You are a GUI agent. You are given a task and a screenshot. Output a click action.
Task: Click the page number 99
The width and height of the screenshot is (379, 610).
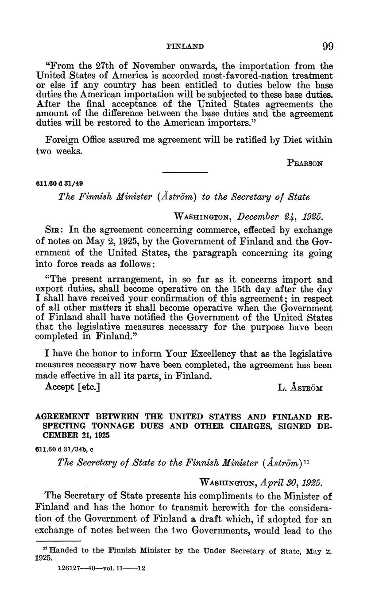pyautogui.click(x=328, y=46)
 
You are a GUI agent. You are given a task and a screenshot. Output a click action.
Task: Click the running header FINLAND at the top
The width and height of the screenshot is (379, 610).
pyautogui.click(x=185, y=46)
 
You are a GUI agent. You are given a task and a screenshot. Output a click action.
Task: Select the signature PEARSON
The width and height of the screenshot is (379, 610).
pyautogui.click(x=305, y=163)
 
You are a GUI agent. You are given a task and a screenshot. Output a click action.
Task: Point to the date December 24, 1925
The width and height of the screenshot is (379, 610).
pyautogui.click(x=280, y=217)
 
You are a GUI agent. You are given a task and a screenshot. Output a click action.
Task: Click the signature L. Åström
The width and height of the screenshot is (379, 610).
pyautogui.click(x=300, y=388)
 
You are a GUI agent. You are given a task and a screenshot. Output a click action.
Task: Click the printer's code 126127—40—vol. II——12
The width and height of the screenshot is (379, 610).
pyautogui.click(x=102, y=568)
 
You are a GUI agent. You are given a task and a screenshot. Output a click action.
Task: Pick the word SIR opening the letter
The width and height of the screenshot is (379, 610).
pyautogui.click(x=54, y=230)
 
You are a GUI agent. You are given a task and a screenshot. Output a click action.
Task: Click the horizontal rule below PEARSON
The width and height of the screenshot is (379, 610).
pyautogui.click(x=185, y=172)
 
